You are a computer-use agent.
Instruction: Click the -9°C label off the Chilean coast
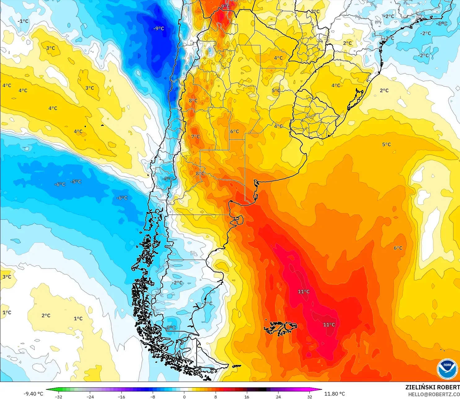159,29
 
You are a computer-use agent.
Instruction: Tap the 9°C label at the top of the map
225,7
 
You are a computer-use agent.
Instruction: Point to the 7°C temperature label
195,137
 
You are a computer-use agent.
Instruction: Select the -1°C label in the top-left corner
23,21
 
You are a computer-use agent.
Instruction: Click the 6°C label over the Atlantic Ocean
398,248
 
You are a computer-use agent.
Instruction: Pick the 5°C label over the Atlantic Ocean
386,144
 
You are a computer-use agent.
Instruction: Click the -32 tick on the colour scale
58,397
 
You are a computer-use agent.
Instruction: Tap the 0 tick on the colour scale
184,397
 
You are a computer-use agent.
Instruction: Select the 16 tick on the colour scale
247,397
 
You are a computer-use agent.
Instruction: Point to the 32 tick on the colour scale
310,397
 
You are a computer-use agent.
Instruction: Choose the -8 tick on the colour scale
153,397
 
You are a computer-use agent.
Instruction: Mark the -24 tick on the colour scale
90,397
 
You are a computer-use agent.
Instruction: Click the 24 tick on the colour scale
278,397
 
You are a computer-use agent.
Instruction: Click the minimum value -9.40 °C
33,394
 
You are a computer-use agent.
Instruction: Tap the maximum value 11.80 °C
335,394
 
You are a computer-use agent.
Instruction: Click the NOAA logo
447,369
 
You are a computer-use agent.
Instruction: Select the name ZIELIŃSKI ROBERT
432,387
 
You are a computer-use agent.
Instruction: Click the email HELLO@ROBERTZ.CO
434,394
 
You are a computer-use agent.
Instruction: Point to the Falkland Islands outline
280,328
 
